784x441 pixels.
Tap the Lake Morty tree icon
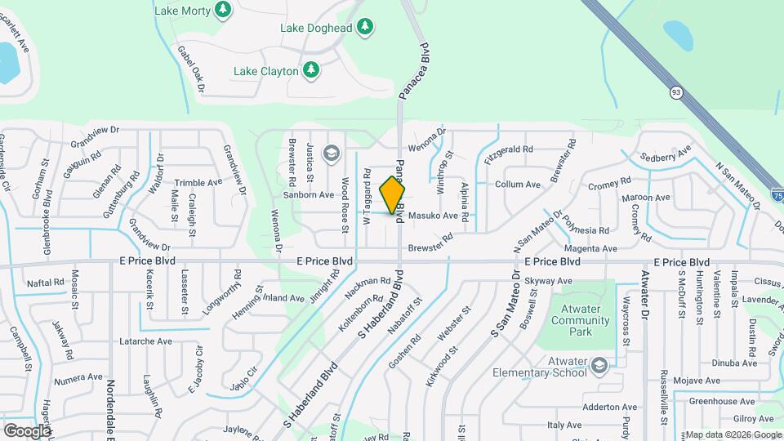(x=223, y=11)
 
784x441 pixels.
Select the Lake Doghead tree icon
(x=365, y=28)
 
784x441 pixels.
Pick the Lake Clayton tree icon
(x=310, y=71)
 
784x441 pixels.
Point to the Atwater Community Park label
(x=580, y=315)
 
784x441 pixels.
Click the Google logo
(x=27, y=430)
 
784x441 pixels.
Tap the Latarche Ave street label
(x=146, y=341)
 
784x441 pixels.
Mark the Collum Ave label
(x=518, y=185)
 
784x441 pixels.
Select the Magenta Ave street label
(x=589, y=247)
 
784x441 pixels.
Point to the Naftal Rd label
(x=45, y=282)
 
